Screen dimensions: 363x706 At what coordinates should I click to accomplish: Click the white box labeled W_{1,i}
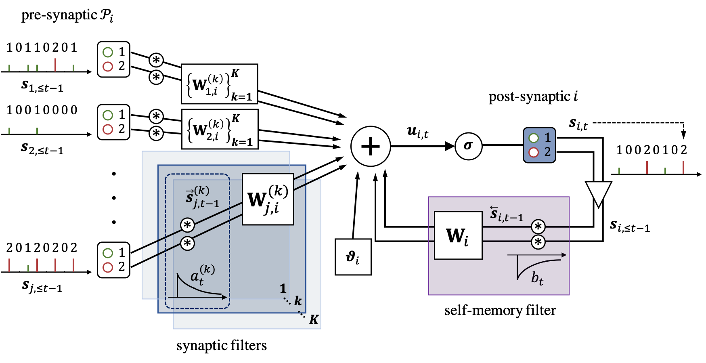tap(219, 84)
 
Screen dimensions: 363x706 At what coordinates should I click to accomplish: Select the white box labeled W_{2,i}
tap(220, 129)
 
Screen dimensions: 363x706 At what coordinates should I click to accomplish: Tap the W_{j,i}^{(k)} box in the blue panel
tap(268, 199)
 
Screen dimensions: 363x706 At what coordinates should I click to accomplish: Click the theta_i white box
tap(353, 257)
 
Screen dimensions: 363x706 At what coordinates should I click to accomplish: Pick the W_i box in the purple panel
tap(458, 235)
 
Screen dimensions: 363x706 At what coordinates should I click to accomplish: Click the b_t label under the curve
tap(537, 278)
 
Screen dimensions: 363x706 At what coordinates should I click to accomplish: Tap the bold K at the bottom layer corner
tap(314, 320)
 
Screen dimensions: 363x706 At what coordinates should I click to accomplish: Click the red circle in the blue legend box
tap(534, 152)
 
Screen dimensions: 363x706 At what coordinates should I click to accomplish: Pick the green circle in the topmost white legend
tap(108, 52)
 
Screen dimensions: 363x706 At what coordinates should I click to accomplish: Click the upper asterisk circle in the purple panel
tap(538, 227)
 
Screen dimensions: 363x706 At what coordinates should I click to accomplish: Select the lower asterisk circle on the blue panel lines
tap(187, 243)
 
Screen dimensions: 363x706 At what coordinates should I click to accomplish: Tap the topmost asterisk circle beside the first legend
tap(156, 60)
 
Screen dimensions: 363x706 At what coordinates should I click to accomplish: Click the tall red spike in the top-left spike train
tap(55, 65)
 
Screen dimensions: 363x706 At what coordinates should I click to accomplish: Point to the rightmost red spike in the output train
tap(683, 167)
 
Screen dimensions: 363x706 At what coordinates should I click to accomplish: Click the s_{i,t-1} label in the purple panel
tap(506, 214)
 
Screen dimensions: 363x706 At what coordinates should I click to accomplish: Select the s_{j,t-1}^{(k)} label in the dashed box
tap(202, 197)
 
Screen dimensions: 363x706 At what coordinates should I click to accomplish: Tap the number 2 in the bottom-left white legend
tap(122, 267)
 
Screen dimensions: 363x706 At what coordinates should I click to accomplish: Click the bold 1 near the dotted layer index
tap(283, 288)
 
